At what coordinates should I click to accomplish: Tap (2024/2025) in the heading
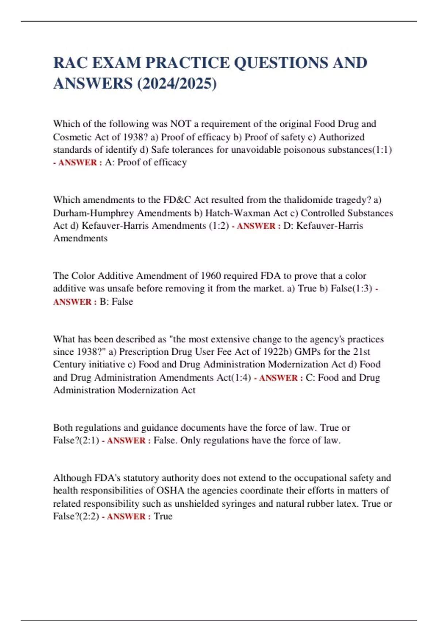point(177,84)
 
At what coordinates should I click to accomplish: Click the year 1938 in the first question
point(133,137)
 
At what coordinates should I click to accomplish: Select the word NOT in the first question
point(181,124)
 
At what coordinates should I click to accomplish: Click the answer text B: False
point(116,302)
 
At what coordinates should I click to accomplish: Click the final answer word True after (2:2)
point(163,517)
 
